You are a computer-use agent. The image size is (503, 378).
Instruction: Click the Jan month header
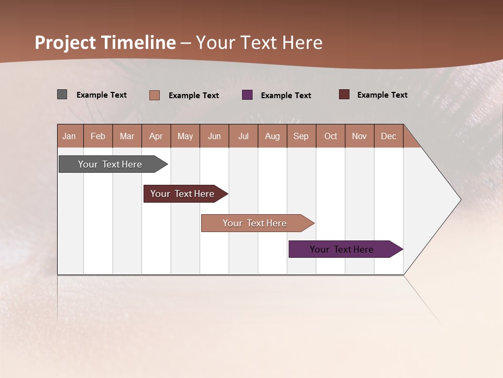70,136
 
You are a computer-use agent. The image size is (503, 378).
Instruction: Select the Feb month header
98,136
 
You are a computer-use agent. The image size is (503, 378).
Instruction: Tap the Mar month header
127,136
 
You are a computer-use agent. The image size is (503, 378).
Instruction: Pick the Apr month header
156,136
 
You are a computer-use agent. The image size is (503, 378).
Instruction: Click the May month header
185,136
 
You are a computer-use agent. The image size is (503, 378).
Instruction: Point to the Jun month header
214,136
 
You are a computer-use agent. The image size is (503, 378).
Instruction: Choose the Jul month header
243,136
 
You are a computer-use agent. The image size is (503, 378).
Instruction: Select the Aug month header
272,136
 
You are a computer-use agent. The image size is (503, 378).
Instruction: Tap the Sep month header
301,136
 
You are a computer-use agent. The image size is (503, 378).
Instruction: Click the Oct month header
331,136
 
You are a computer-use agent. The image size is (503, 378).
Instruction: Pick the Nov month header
359,136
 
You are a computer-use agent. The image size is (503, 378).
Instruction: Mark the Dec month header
389,136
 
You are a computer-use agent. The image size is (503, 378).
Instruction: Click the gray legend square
62,94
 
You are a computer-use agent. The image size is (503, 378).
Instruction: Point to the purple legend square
247,95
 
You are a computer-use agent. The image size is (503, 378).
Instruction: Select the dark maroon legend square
344,94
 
